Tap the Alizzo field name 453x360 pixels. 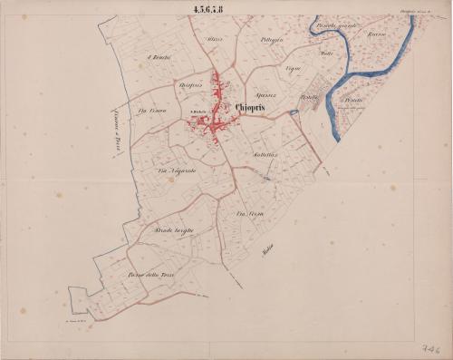click(x=214, y=42)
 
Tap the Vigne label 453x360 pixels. click(x=292, y=70)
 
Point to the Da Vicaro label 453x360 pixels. click(x=150, y=112)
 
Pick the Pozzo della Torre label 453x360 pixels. click(x=149, y=273)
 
